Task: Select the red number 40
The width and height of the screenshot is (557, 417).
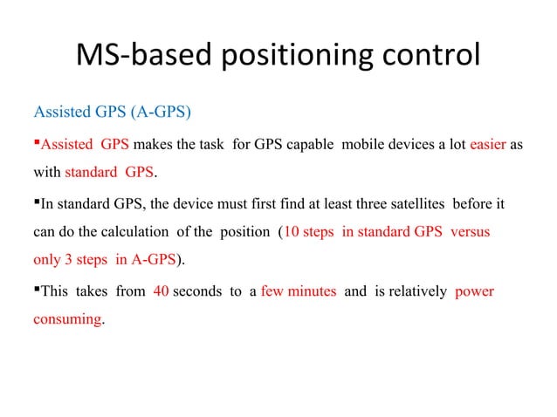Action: pos(160,291)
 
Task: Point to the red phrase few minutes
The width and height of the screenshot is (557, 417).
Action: pos(298,291)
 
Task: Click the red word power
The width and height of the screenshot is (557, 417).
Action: pos(474,291)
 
